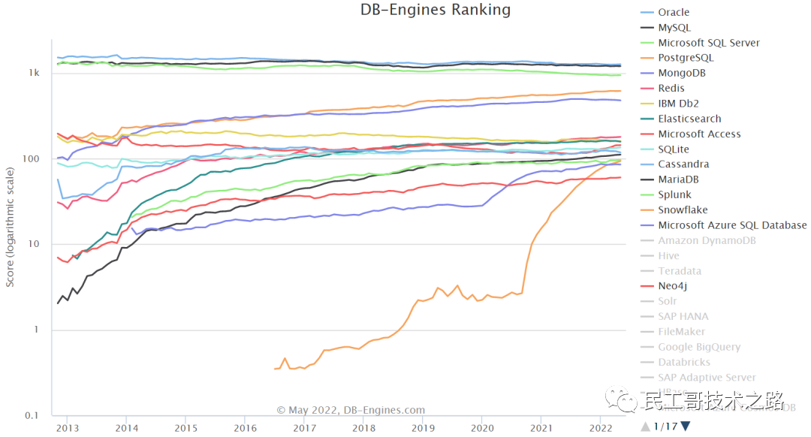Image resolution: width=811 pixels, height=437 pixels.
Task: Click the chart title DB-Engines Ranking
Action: coord(435,10)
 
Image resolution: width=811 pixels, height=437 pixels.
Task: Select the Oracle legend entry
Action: coord(673,12)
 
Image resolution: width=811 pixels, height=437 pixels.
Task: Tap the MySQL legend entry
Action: coord(674,28)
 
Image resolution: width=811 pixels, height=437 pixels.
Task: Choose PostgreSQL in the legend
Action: coord(686,58)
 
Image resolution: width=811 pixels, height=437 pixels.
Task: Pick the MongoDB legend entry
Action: coord(681,73)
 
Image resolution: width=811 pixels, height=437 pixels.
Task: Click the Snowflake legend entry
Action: coord(683,210)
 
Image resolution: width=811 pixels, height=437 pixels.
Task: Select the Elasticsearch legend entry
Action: coord(689,119)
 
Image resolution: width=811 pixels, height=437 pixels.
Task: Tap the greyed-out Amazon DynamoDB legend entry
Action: coord(707,240)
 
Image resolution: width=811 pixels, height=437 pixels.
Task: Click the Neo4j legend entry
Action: coord(672,286)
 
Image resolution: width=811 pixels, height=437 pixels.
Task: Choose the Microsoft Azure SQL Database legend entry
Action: coord(732,225)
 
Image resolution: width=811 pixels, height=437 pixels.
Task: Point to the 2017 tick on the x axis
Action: coord(304,427)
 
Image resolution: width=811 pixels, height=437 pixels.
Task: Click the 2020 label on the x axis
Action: coord(481,427)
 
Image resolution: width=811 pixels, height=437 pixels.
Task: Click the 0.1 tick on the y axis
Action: coord(32,415)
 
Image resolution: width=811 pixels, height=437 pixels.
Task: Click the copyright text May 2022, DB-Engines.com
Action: coord(351,411)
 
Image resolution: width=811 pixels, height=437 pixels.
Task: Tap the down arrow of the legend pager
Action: coord(685,427)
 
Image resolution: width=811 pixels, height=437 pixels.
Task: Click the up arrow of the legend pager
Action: coord(645,427)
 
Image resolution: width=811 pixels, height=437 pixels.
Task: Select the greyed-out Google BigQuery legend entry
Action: coord(699,347)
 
